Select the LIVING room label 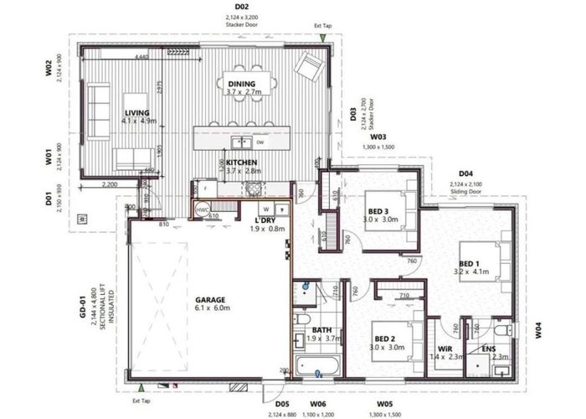[x=136, y=112]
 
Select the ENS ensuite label [x=488, y=348]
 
